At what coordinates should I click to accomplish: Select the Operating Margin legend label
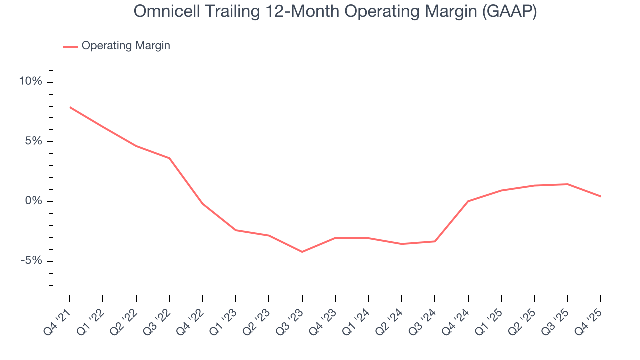(x=126, y=46)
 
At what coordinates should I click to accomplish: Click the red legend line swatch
(x=70, y=46)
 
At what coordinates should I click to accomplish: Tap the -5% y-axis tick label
(x=32, y=261)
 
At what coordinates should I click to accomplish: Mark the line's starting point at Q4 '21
(x=70, y=107)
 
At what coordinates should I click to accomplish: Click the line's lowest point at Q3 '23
(x=302, y=252)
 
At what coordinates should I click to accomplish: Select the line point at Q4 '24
(x=468, y=201)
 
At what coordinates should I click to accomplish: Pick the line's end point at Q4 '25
(x=600, y=196)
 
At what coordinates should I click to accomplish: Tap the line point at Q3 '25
(x=567, y=184)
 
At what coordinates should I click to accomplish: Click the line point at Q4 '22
(x=202, y=204)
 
